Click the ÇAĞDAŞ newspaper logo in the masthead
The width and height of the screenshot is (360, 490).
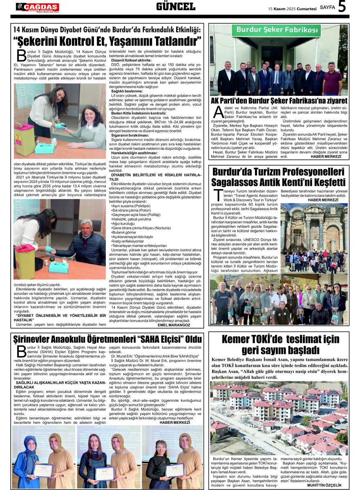37,7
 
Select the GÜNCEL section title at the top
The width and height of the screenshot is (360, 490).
176,7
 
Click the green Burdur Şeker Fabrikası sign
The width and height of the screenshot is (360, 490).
276,30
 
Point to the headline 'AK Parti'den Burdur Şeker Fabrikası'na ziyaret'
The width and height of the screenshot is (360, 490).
279,100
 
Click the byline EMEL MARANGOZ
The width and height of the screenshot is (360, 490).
174,325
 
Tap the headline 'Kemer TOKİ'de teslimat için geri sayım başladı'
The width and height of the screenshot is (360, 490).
280,345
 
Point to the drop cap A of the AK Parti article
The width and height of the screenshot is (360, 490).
217,113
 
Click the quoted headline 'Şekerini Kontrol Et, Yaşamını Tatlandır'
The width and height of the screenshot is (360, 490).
107,41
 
